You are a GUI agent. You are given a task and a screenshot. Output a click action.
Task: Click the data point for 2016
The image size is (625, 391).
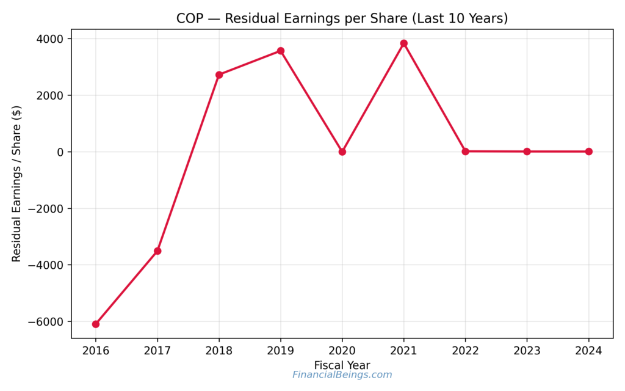click(x=96, y=324)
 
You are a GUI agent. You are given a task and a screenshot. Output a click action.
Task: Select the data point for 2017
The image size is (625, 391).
click(x=157, y=251)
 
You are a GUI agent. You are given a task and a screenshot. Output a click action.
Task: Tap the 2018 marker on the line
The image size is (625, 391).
click(x=219, y=75)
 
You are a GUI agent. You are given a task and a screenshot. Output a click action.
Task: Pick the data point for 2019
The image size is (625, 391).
click(x=281, y=51)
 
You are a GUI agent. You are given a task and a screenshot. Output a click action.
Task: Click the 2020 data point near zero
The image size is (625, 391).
click(x=342, y=152)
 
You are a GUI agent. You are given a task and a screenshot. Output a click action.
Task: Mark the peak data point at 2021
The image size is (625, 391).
click(x=404, y=43)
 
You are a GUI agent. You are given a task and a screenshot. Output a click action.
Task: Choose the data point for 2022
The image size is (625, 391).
click(x=466, y=151)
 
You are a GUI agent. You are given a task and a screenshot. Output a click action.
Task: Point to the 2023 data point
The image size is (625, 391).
click(x=527, y=152)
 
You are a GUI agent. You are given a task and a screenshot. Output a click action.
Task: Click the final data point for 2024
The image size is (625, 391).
click(x=589, y=152)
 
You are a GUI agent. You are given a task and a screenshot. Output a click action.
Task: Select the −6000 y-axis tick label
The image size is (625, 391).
click(x=49, y=322)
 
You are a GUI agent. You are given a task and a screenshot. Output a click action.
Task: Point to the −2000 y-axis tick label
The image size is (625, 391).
click(x=49, y=209)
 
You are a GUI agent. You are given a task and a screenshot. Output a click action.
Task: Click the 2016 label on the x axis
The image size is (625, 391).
click(x=96, y=351)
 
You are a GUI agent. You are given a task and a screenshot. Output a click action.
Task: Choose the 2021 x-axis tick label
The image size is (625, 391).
click(x=404, y=351)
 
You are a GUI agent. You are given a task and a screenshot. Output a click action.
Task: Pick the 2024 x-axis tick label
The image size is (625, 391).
click(x=589, y=351)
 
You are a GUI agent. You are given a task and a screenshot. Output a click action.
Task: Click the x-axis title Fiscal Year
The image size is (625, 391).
click(x=342, y=365)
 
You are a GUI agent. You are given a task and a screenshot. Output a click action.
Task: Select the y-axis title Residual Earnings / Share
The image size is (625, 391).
click(x=16, y=183)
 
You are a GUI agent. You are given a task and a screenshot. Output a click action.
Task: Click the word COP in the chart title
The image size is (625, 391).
click(x=189, y=18)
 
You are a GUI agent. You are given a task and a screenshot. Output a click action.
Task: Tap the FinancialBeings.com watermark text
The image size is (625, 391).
click(x=342, y=375)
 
